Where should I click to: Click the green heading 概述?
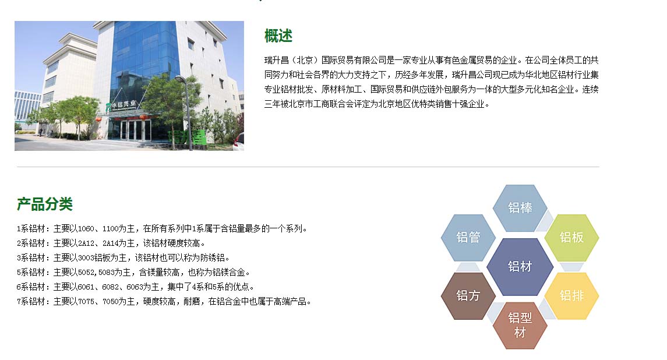(278, 36)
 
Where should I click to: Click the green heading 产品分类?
(45, 204)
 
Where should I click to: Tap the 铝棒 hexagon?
(520, 208)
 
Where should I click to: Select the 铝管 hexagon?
(468, 238)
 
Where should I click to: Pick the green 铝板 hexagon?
(571, 238)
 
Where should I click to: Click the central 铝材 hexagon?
(520, 267)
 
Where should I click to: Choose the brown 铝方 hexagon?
(468, 296)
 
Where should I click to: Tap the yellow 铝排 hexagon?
(571, 296)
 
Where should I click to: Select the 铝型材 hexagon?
(520, 325)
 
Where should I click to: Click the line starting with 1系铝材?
(162, 229)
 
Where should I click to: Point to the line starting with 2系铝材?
(111, 243)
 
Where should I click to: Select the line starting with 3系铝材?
(123, 258)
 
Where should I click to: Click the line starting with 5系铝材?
(133, 273)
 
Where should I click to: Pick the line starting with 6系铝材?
(136, 287)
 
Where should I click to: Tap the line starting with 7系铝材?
(164, 302)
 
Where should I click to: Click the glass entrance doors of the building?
(131, 129)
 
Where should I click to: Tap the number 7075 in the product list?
(86, 302)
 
